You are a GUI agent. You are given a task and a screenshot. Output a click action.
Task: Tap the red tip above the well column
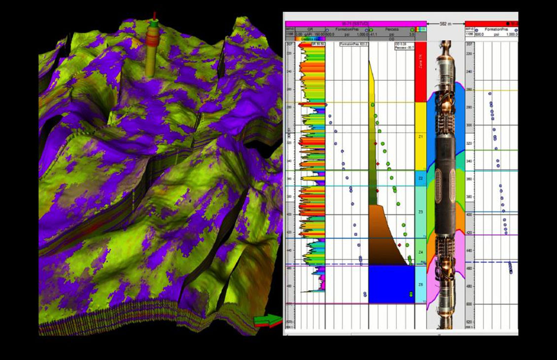tap(155, 15)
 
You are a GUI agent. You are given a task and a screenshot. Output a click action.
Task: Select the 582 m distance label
tap(446, 23)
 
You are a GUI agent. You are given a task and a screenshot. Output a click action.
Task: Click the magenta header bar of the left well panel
tap(355, 23)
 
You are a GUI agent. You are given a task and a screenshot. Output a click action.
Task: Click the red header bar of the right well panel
tap(491, 23)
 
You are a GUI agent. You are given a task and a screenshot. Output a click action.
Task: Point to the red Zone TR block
tap(420, 72)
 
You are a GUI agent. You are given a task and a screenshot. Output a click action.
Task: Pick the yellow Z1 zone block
tap(420, 136)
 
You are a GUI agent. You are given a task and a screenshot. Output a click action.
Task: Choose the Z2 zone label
tap(420, 178)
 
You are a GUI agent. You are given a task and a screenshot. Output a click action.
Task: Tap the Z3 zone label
tap(420, 212)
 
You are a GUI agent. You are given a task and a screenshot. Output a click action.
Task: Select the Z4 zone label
tap(420, 252)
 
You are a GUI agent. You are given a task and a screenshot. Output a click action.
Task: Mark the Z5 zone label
tap(420, 285)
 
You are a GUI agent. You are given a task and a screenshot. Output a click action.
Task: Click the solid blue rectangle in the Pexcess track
tap(391, 284)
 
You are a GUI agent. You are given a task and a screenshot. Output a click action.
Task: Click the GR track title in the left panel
tap(310, 29)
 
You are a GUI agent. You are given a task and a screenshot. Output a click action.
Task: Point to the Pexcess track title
tap(391, 29)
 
